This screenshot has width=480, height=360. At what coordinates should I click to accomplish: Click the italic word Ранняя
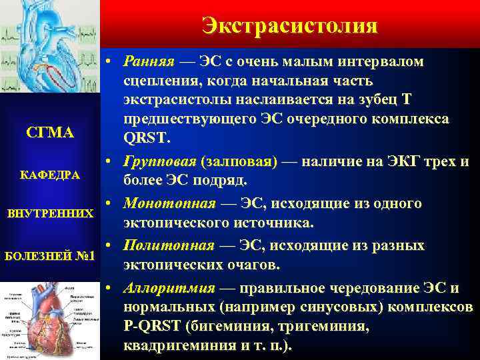click(148, 62)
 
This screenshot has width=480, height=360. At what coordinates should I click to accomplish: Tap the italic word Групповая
click(158, 161)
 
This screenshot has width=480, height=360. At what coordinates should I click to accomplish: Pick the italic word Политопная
click(169, 246)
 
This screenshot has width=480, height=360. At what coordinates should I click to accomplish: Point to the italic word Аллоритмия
click(169, 289)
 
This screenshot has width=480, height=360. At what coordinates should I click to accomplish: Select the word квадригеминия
click(171, 346)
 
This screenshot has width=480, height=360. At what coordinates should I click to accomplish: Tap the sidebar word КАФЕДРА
click(50, 175)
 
